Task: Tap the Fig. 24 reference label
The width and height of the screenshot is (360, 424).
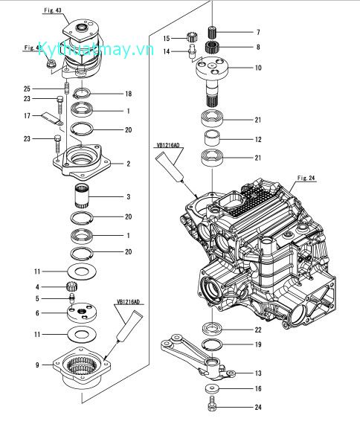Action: point(306,178)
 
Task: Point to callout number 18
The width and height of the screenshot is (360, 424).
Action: point(129,94)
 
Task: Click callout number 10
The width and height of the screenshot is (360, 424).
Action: point(258,68)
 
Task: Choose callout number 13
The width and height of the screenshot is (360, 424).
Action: point(258,373)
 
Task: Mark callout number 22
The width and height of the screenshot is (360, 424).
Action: point(258,330)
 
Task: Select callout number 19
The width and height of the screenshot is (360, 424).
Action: point(258,344)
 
